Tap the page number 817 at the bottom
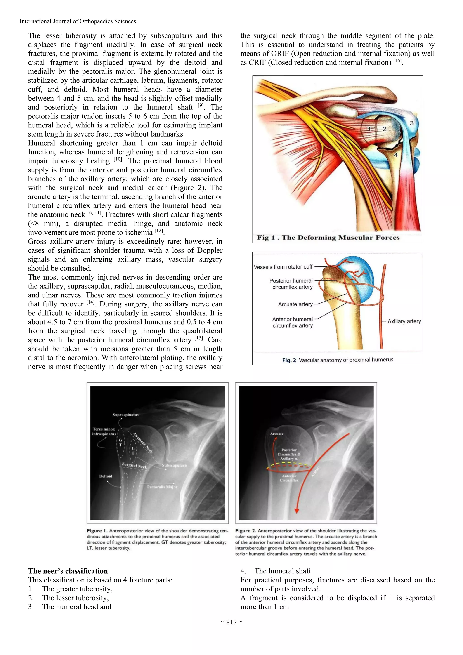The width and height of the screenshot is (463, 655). (231, 622)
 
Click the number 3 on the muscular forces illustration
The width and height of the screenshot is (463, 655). (412, 123)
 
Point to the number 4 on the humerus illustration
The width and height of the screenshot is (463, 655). (396, 155)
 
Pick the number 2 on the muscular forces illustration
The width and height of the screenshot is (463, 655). (385, 129)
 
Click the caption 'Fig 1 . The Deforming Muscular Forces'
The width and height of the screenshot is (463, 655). (328, 237)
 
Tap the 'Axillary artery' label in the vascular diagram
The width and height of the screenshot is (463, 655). (404, 321)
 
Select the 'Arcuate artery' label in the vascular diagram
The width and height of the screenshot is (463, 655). (295, 304)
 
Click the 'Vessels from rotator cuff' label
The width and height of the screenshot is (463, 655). (283, 267)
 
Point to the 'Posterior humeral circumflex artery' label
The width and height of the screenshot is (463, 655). (291, 284)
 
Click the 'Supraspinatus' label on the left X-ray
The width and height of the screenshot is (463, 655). (125, 415)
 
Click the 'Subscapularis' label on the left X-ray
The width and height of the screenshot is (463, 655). (175, 465)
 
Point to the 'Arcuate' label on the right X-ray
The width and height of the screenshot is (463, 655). (277, 434)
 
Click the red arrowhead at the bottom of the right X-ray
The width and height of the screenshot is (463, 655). (297, 510)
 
